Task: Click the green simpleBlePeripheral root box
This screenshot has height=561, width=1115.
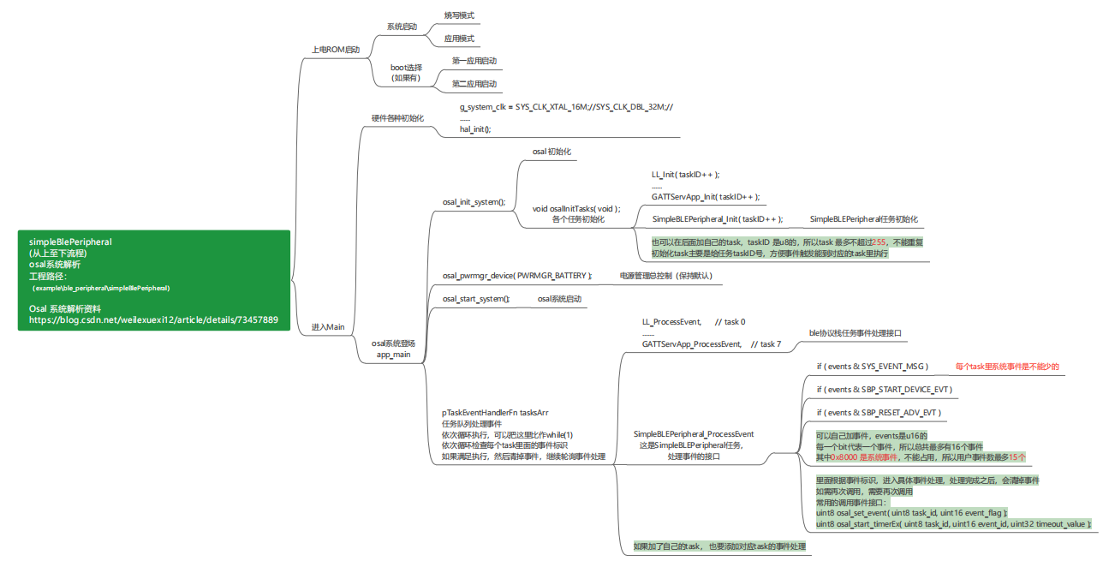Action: [154, 280]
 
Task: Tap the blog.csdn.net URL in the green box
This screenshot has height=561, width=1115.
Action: [153, 320]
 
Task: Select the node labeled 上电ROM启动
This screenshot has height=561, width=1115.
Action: [336, 50]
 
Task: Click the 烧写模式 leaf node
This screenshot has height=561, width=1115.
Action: [459, 15]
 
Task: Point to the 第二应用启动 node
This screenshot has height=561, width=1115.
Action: [474, 84]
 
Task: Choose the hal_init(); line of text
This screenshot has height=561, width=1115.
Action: [475, 129]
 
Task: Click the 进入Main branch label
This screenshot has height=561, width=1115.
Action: [328, 327]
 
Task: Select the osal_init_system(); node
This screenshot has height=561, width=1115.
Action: [474, 202]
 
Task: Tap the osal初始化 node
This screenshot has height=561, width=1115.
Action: [552, 152]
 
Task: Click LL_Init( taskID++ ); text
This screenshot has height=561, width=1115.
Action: [685, 175]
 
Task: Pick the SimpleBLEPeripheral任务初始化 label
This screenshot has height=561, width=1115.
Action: [863, 219]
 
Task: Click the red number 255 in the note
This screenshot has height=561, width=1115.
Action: [879, 242]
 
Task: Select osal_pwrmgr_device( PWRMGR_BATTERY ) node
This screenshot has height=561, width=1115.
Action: [517, 276]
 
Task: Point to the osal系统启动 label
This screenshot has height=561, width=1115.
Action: [559, 299]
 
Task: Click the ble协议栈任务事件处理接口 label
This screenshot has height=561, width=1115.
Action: [856, 333]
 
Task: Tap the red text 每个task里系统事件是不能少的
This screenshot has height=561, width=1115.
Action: [1007, 367]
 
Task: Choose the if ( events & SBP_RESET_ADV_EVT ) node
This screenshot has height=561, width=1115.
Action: [879, 413]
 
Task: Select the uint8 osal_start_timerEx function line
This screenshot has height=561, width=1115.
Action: [953, 524]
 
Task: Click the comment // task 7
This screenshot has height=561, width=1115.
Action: [766, 344]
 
